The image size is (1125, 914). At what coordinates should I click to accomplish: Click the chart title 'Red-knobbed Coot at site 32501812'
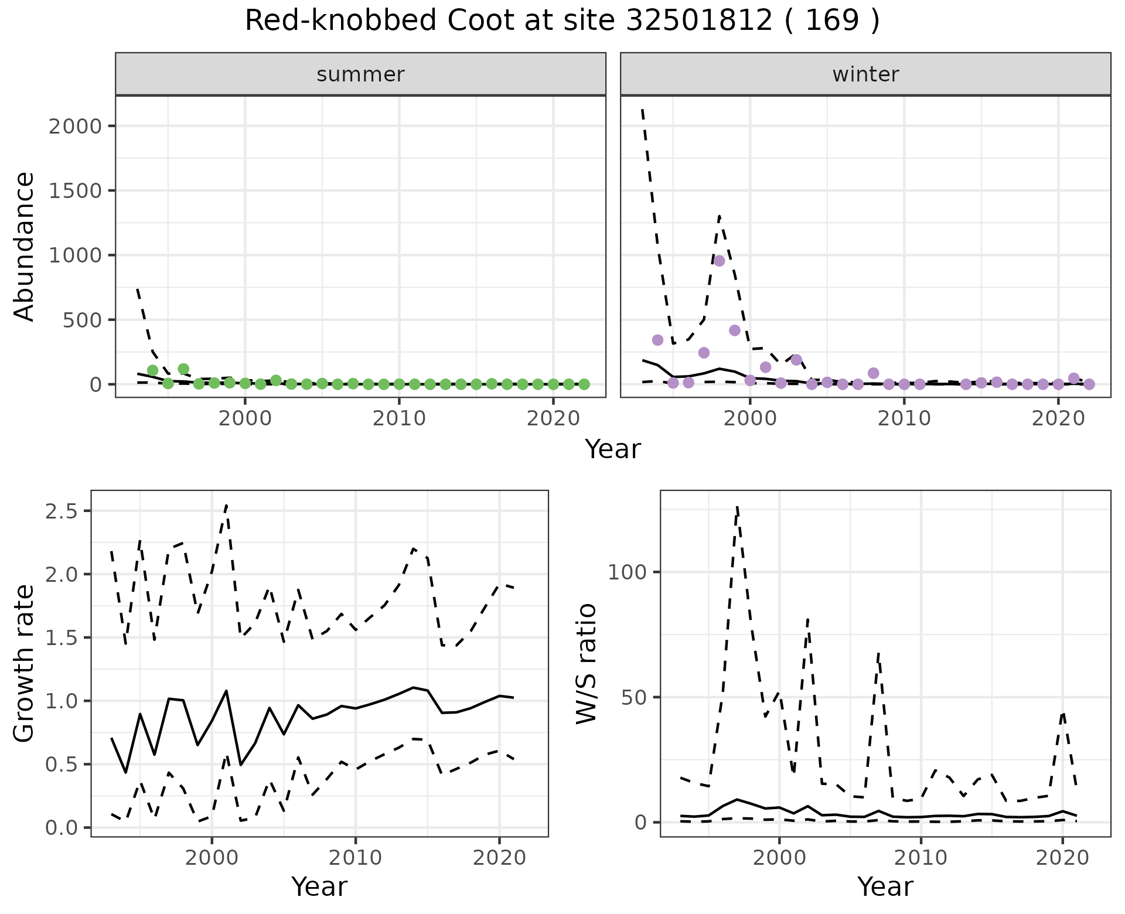tap(561, 21)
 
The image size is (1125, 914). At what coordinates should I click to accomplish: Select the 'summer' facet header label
tap(360, 74)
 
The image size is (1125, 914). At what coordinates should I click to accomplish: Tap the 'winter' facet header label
tap(865, 74)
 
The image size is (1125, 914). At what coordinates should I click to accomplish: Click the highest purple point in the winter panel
tap(720, 261)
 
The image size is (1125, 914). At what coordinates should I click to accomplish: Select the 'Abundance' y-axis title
tap(25, 246)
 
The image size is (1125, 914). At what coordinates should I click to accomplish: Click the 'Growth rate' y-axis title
tap(25, 663)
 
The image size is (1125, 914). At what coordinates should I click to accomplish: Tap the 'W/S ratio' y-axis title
tap(586, 663)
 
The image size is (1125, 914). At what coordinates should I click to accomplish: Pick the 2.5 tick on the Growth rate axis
tap(61, 511)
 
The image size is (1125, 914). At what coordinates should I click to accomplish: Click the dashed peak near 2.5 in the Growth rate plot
tap(226, 504)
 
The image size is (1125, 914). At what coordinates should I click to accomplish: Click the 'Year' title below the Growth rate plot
tap(319, 886)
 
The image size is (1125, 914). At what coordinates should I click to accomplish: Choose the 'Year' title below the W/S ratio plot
tap(885, 886)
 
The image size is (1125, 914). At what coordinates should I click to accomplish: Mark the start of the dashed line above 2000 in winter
tap(643, 109)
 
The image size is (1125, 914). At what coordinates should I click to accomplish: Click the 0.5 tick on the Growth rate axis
tap(61, 765)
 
